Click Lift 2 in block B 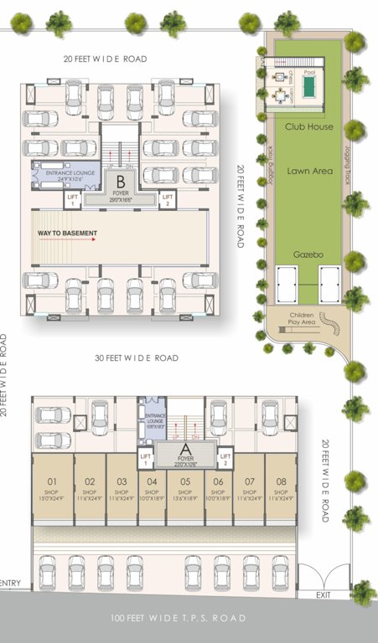click(x=168, y=199)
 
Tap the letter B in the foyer click(x=121, y=181)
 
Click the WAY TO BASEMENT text click(x=67, y=233)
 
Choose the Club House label click(x=308, y=126)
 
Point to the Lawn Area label click(x=309, y=171)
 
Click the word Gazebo click(x=308, y=252)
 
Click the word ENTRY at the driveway click(x=11, y=584)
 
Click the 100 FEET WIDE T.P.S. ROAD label click(x=179, y=619)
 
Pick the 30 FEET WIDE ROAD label click(x=136, y=358)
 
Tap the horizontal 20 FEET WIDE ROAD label click(x=106, y=59)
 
